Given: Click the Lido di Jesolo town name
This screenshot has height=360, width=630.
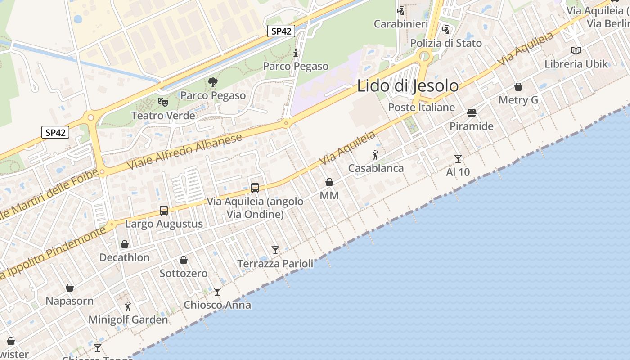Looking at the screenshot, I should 408,85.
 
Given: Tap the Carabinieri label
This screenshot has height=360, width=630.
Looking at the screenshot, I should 401,24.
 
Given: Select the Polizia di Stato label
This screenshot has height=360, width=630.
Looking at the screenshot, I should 446,43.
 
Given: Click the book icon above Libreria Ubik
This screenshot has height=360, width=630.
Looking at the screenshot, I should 576,50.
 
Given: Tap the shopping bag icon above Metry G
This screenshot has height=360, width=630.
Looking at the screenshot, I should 518,87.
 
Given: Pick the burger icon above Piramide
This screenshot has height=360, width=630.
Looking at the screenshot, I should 472,112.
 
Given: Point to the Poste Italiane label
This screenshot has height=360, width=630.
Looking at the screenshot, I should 422,108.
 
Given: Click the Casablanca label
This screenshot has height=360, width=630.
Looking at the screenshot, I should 376,168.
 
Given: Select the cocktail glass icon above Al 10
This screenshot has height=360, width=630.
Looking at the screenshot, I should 458,158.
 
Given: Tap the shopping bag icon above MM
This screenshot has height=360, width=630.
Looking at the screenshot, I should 329,182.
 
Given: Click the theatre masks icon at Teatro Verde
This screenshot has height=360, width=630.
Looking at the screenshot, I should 163,102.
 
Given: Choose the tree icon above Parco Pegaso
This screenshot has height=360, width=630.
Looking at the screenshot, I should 213,82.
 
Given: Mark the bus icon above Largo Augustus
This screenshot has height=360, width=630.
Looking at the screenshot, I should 164,210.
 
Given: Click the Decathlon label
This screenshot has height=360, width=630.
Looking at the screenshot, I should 125,257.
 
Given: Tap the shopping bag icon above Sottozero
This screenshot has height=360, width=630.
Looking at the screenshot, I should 184,260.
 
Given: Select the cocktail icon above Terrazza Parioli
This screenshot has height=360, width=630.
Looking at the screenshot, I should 275,250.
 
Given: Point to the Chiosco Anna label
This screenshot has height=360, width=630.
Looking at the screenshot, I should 217,305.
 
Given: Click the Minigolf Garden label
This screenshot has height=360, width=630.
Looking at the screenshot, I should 128,320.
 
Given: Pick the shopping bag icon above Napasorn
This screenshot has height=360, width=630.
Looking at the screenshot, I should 70,288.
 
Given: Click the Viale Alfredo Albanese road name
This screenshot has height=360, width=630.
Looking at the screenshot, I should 185,151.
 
